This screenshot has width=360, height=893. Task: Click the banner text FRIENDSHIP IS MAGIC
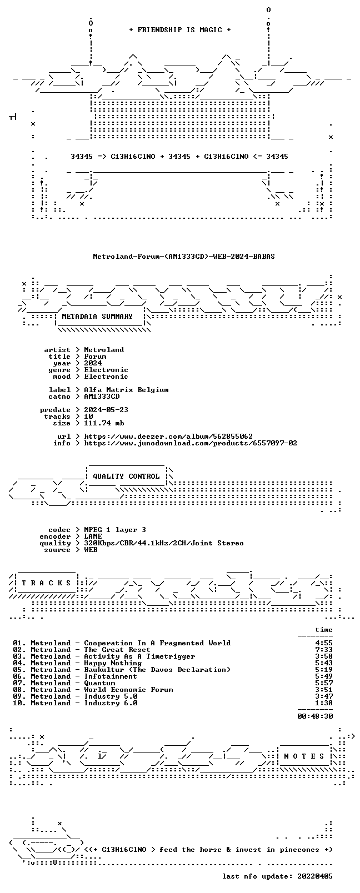(x=180, y=30)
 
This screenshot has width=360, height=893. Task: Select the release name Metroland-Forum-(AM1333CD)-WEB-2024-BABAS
(x=184, y=257)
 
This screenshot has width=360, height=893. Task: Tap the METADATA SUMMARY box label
(x=97, y=317)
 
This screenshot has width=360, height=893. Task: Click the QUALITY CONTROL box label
(x=126, y=476)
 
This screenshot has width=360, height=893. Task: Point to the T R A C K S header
(x=46, y=583)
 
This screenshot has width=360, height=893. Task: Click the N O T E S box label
(x=304, y=756)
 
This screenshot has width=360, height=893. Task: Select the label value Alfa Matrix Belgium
(x=126, y=390)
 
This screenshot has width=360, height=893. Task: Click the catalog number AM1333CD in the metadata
(x=102, y=397)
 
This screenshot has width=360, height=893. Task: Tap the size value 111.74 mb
(x=104, y=423)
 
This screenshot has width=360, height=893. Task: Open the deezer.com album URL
(x=168, y=437)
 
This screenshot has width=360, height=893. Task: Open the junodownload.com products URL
(x=191, y=443)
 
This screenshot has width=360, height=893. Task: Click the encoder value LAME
(x=93, y=536)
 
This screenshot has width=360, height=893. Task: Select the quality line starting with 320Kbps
(x=164, y=543)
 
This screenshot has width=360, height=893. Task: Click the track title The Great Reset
(x=117, y=650)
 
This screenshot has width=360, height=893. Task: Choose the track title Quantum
(x=99, y=683)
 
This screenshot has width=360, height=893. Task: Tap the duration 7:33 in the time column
(x=324, y=650)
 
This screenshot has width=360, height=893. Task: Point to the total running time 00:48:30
(x=315, y=716)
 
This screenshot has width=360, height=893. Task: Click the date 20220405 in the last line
(x=315, y=876)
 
